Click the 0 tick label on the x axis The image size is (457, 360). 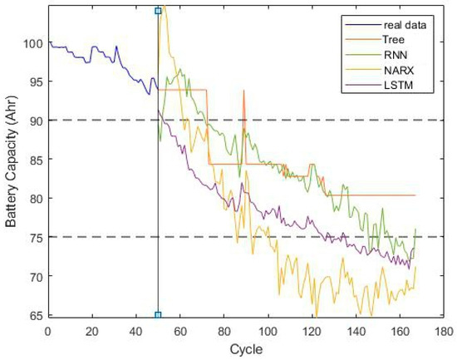pyautogui.click(x=47, y=329)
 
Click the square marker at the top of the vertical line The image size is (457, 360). pyautogui.click(x=158, y=12)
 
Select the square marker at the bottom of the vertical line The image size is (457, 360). pyautogui.click(x=158, y=315)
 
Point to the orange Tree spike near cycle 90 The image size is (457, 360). pyautogui.click(x=244, y=91)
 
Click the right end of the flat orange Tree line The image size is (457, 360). pyautogui.click(x=414, y=195)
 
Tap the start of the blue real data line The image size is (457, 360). pyautogui.click(x=49, y=41)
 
